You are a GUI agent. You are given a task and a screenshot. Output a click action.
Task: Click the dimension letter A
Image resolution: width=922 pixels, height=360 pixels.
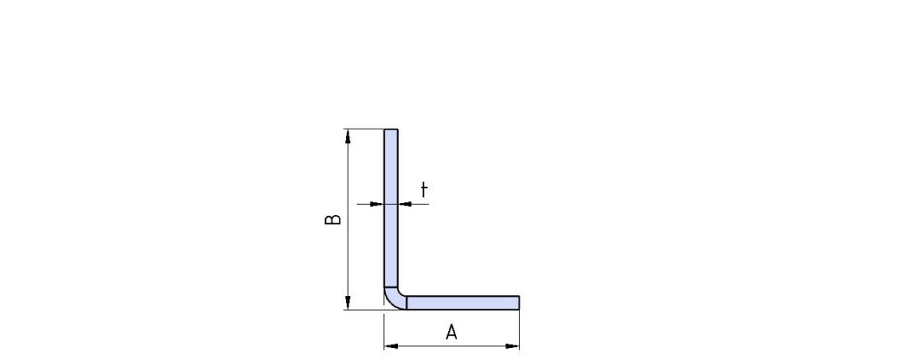tap(451, 332)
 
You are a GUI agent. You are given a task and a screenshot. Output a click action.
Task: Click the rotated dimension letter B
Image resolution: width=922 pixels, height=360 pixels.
tap(333, 219)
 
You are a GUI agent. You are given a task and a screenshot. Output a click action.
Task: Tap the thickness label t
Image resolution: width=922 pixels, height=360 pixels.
tap(423, 190)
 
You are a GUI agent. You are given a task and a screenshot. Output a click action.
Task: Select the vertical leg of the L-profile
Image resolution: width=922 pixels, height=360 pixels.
tap(391, 208)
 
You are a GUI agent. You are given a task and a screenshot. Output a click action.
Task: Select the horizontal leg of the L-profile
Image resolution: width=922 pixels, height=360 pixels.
tap(463, 303)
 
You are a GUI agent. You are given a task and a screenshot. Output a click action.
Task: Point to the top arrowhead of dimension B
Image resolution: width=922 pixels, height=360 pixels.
tap(348, 136)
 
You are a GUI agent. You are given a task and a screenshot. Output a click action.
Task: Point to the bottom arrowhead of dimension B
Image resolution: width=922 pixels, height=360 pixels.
tap(348, 303)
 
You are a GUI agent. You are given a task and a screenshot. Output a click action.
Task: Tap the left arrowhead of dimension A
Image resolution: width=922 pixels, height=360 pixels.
tap(391, 346)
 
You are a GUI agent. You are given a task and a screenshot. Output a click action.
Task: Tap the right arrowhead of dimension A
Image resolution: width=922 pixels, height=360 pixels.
tap(513, 346)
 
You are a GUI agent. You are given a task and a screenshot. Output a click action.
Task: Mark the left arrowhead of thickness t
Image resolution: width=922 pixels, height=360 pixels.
tap(377, 204)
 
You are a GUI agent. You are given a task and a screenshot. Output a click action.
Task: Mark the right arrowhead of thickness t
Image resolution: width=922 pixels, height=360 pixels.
tap(405, 204)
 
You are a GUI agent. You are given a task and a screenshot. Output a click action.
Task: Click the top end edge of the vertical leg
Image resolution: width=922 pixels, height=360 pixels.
tap(391, 129)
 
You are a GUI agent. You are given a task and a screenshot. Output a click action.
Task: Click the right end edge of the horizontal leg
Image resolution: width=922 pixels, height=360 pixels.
tap(519, 303)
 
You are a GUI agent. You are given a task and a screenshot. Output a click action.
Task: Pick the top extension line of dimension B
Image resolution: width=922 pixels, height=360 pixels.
tap(363, 129)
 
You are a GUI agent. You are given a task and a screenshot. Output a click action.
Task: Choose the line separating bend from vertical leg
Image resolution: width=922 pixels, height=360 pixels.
tap(391, 287)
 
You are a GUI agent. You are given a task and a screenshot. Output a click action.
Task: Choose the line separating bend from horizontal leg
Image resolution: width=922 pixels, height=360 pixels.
tap(406, 303)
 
